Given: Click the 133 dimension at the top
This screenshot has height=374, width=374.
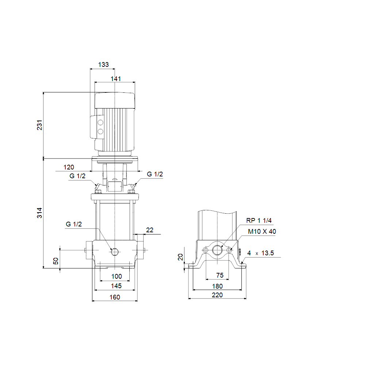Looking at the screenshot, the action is tap(103, 65).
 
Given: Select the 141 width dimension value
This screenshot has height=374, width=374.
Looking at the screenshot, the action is tap(116, 79).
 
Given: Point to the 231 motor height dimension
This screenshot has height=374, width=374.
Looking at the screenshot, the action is tap(39, 125).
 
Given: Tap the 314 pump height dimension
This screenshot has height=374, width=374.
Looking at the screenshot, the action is tap(39, 213).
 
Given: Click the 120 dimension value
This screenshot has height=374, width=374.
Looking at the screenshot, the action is tap(69, 167).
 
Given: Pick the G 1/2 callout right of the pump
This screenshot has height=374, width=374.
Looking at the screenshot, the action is tap(155, 174).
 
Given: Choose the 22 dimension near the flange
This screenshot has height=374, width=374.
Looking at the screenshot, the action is tap(149, 230).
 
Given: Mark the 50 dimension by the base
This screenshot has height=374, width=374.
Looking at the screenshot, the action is tap(56, 261).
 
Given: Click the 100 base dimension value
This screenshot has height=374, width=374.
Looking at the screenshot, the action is tap(117, 276).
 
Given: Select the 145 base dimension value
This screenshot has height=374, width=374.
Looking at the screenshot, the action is tap(116, 286).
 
